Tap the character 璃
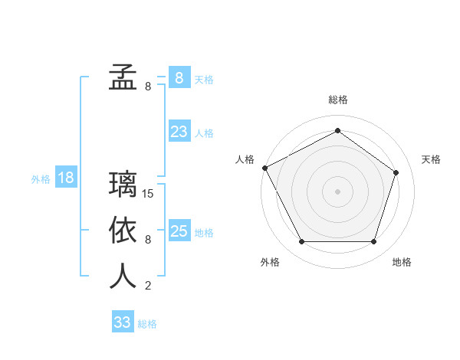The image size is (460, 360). (x=123, y=185)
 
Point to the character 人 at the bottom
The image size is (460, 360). (x=123, y=276)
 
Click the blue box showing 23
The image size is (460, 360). (x=179, y=132)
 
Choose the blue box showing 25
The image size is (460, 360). (x=179, y=231)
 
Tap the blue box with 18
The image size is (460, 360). (x=66, y=178)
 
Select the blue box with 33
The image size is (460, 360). (x=122, y=322)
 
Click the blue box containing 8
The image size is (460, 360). (x=179, y=77)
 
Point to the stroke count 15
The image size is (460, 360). (x=149, y=194)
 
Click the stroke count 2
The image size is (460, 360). (x=148, y=286)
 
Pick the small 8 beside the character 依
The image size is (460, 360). (x=148, y=240)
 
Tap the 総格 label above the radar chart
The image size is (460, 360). (x=338, y=100)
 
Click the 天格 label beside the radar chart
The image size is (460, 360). (x=431, y=159)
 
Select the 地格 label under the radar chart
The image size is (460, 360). (x=402, y=262)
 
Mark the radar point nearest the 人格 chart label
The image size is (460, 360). (x=264, y=168)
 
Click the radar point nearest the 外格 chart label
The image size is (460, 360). (x=301, y=242)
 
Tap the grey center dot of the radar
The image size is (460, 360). (x=338, y=191)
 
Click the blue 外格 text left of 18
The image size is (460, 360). (x=41, y=179)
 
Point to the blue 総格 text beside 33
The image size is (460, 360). (x=147, y=324)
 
